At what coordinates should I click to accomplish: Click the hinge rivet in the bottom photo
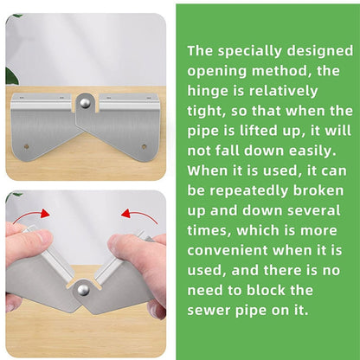coord(83,287)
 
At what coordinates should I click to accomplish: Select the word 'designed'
coord(313,51)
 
